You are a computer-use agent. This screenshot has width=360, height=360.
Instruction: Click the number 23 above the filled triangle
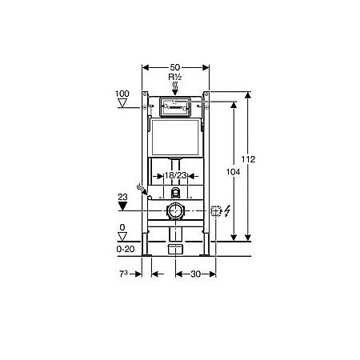pyautogui.click(x=122, y=194)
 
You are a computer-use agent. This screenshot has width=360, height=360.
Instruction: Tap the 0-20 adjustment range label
pyautogui.click(x=122, y=249)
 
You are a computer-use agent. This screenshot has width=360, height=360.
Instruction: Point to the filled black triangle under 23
pyautogui.click(x=122, y=206)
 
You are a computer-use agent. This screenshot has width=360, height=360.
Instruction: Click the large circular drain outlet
pyautogui.click(x=174, y=211)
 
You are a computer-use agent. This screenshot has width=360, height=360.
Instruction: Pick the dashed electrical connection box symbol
pyautogui.click(x=215, y=211)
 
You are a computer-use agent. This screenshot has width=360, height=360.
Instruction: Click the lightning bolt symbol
pyautogui.click(x=227, y=211)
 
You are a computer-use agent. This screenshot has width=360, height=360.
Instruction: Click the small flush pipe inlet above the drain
pyautogui.click(x=174, y=193)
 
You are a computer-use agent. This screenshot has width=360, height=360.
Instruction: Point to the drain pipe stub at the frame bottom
pyautogui.click(x=174, y=249)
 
